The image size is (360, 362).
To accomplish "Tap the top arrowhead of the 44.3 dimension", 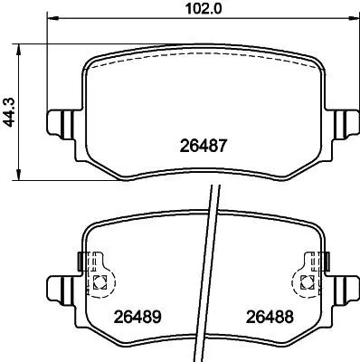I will (x=20, y=46).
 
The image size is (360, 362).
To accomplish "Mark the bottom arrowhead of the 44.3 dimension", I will (x=20, y=174).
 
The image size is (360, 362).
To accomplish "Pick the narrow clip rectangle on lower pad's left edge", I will (x=82, y=262).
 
